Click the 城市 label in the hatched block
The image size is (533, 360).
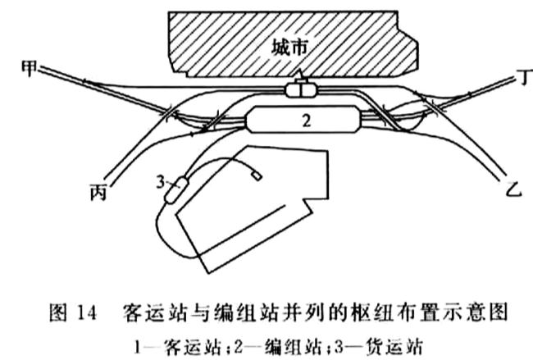coord(290,48)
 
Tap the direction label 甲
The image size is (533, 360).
coord(30,68)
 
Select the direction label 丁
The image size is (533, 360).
coord(526,77)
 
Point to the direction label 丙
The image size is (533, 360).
coord(98,191)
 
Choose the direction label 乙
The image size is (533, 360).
coord(513,189)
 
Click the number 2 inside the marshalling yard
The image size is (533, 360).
coord(307,121)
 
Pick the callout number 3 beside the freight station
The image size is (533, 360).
coord(161,182)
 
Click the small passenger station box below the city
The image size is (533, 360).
coord(301,90)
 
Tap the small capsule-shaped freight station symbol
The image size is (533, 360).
coord(175,190)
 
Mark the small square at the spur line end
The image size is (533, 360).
coord(257,175)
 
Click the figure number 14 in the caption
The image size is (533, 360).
coord(87,312)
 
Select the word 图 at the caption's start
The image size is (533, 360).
coord(58,312)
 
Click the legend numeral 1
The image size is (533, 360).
coord(137,348)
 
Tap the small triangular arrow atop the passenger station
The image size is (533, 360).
coord(299,75)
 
